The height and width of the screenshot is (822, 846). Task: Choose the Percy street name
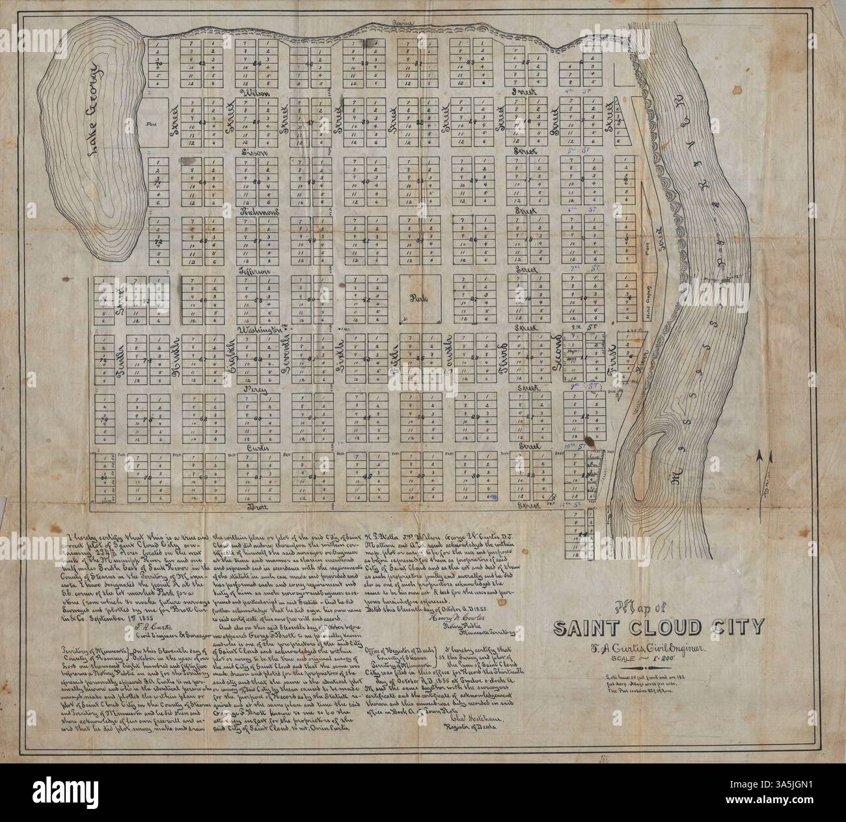coord(254,389)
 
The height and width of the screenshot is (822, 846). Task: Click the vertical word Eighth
coord(228,357)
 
